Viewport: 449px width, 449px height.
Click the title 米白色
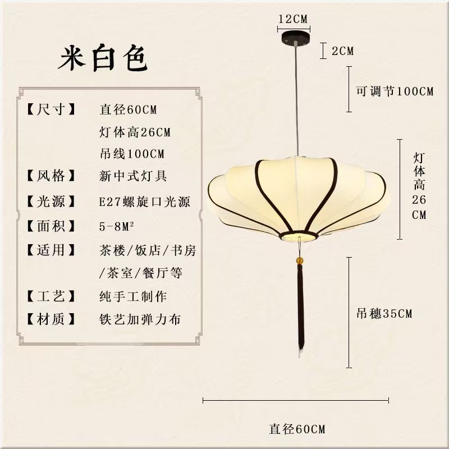coord(103,58)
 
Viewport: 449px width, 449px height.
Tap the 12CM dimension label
coord(293,19)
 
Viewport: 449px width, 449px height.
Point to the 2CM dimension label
coord(342,51)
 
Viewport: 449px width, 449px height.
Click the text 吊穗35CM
coord(384,314)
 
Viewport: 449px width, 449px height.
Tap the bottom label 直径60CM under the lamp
coord(297,429)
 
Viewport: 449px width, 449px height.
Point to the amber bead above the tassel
coord(300,261)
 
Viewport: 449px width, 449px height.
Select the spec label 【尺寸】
coord(51,109)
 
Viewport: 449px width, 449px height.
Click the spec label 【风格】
coord(51,176)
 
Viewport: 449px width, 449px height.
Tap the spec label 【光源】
coord(51,201)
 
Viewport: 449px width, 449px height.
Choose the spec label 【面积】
coord(51,226)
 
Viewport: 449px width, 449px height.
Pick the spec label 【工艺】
coord(51,295)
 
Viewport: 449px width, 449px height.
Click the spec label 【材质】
coord(51,320)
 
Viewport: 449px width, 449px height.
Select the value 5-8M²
coord(118,226)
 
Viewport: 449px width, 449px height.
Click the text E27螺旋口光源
coord(144,201)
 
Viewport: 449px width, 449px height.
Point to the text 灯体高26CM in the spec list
coord(135,132)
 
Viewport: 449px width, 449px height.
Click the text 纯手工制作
coord(132,295)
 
